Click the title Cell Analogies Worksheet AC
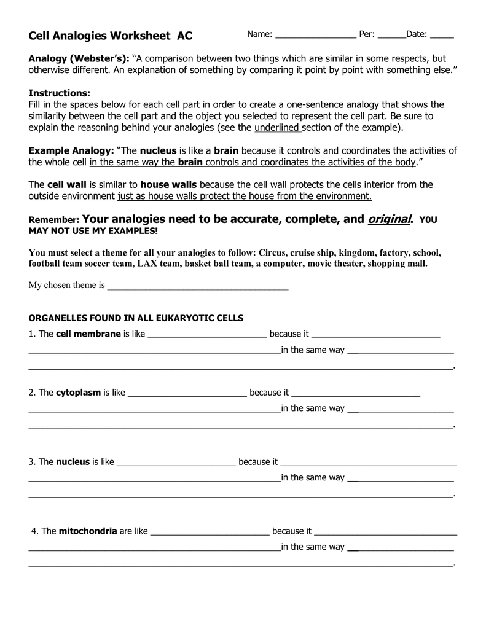pos(111,36)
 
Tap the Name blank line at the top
pos(315,36)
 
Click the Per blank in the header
pos(391,36)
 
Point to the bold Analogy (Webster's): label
pos(79,59)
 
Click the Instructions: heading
pos(60,93)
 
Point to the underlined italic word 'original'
pos(390,219)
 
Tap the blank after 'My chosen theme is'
pos(198,286)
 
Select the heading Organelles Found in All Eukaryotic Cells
pos(136,318)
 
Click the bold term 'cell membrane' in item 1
pos(88,334)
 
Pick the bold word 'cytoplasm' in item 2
pos(78,393)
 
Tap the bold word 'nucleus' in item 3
pos(73,462)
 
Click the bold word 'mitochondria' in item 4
pos(88,531)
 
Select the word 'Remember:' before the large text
pos(54,220)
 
